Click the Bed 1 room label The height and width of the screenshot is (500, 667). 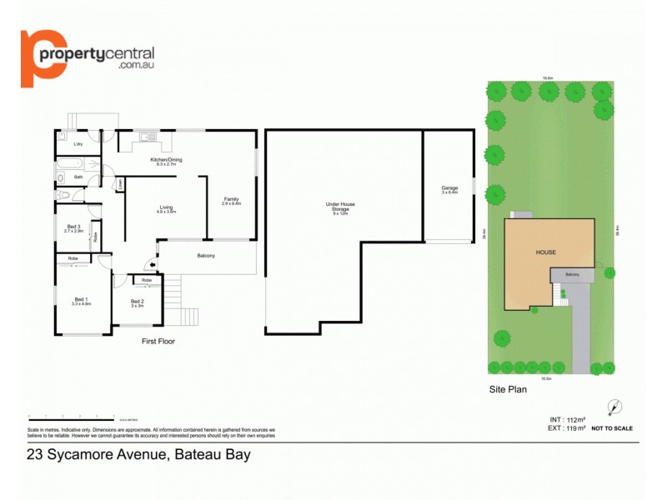pyautogui.click(x=81, y=302)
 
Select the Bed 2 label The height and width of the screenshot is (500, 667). pyautogui.click(x=138, y=303)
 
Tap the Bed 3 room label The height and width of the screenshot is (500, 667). pyautogui.click(x=73, y=228)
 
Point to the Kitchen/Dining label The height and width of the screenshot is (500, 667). pyautogui.click(x=166, y=162)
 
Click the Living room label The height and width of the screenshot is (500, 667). pyautogui.click(x=166, y=209)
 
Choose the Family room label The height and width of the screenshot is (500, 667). pyautogui.click(x=231, y=201)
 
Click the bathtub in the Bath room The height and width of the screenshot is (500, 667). pyautogui.click(x=66, y=177)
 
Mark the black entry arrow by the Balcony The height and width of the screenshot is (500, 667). pyautogui.click(x=151, y=267)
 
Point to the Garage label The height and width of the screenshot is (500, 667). pyautogui.click(x=449, y=190)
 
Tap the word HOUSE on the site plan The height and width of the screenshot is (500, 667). pyautogui.click(x=546, y=252)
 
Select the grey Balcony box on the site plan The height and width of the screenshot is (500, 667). pyautogui.click(x=572, y=275)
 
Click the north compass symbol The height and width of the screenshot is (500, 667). pyautogui.click(x=615, y=407)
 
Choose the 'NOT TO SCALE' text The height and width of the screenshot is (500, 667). pyautogui.click(x=613, y=428)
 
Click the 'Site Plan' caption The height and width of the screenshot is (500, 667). pyautogui.click(x=508, y=389)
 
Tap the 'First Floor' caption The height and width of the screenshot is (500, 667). pyautogui.click(x=158, y=341)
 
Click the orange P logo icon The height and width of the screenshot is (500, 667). pyautogui.click(x=38, y=57)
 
